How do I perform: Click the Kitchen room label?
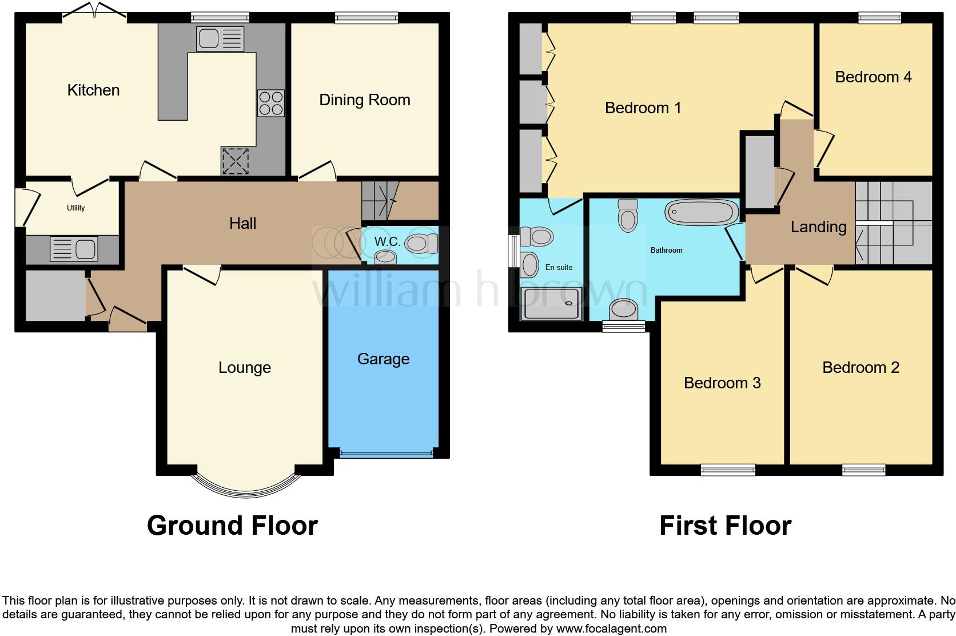coord(93,90)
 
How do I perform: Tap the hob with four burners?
coord(271,104)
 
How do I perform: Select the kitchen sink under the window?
coord(220,39)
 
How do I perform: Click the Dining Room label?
coord(364,100)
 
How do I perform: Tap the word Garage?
coord(383,359)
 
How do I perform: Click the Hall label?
coord(242,224)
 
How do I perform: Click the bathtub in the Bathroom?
coord(702,211)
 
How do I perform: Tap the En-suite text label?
coord(559,267)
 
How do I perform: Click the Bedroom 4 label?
coord(873,77)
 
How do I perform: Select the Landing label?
coord(818,227)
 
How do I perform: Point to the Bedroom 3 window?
coord(728,470)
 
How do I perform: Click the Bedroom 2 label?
coord(861,368)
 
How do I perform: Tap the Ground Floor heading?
coord(232,526)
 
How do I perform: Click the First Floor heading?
coord(725,526)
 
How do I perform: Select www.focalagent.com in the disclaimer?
coord(611,629)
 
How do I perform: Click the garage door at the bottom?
coord(385,455)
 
